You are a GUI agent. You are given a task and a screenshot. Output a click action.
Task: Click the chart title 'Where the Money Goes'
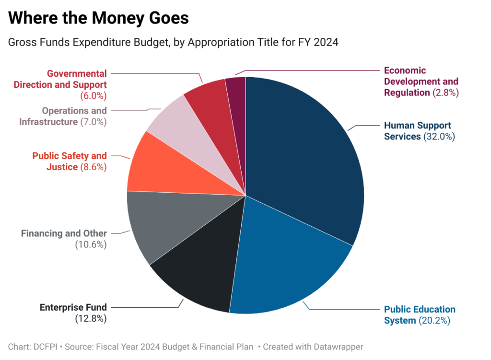[98, 18]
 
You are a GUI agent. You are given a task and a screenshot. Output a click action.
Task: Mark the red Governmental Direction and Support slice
[211, 101]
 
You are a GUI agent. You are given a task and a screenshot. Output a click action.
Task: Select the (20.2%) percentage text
[434, 321]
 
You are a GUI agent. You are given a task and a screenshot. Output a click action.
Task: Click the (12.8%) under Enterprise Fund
[91, 318]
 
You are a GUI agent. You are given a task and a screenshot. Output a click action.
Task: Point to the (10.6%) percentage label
[91, 244]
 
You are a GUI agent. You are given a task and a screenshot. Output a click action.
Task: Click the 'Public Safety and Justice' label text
[70, 162]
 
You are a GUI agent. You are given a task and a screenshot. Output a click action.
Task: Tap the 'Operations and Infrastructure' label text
[63, 116]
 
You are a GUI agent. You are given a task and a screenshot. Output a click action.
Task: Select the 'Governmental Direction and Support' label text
[60, 79]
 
